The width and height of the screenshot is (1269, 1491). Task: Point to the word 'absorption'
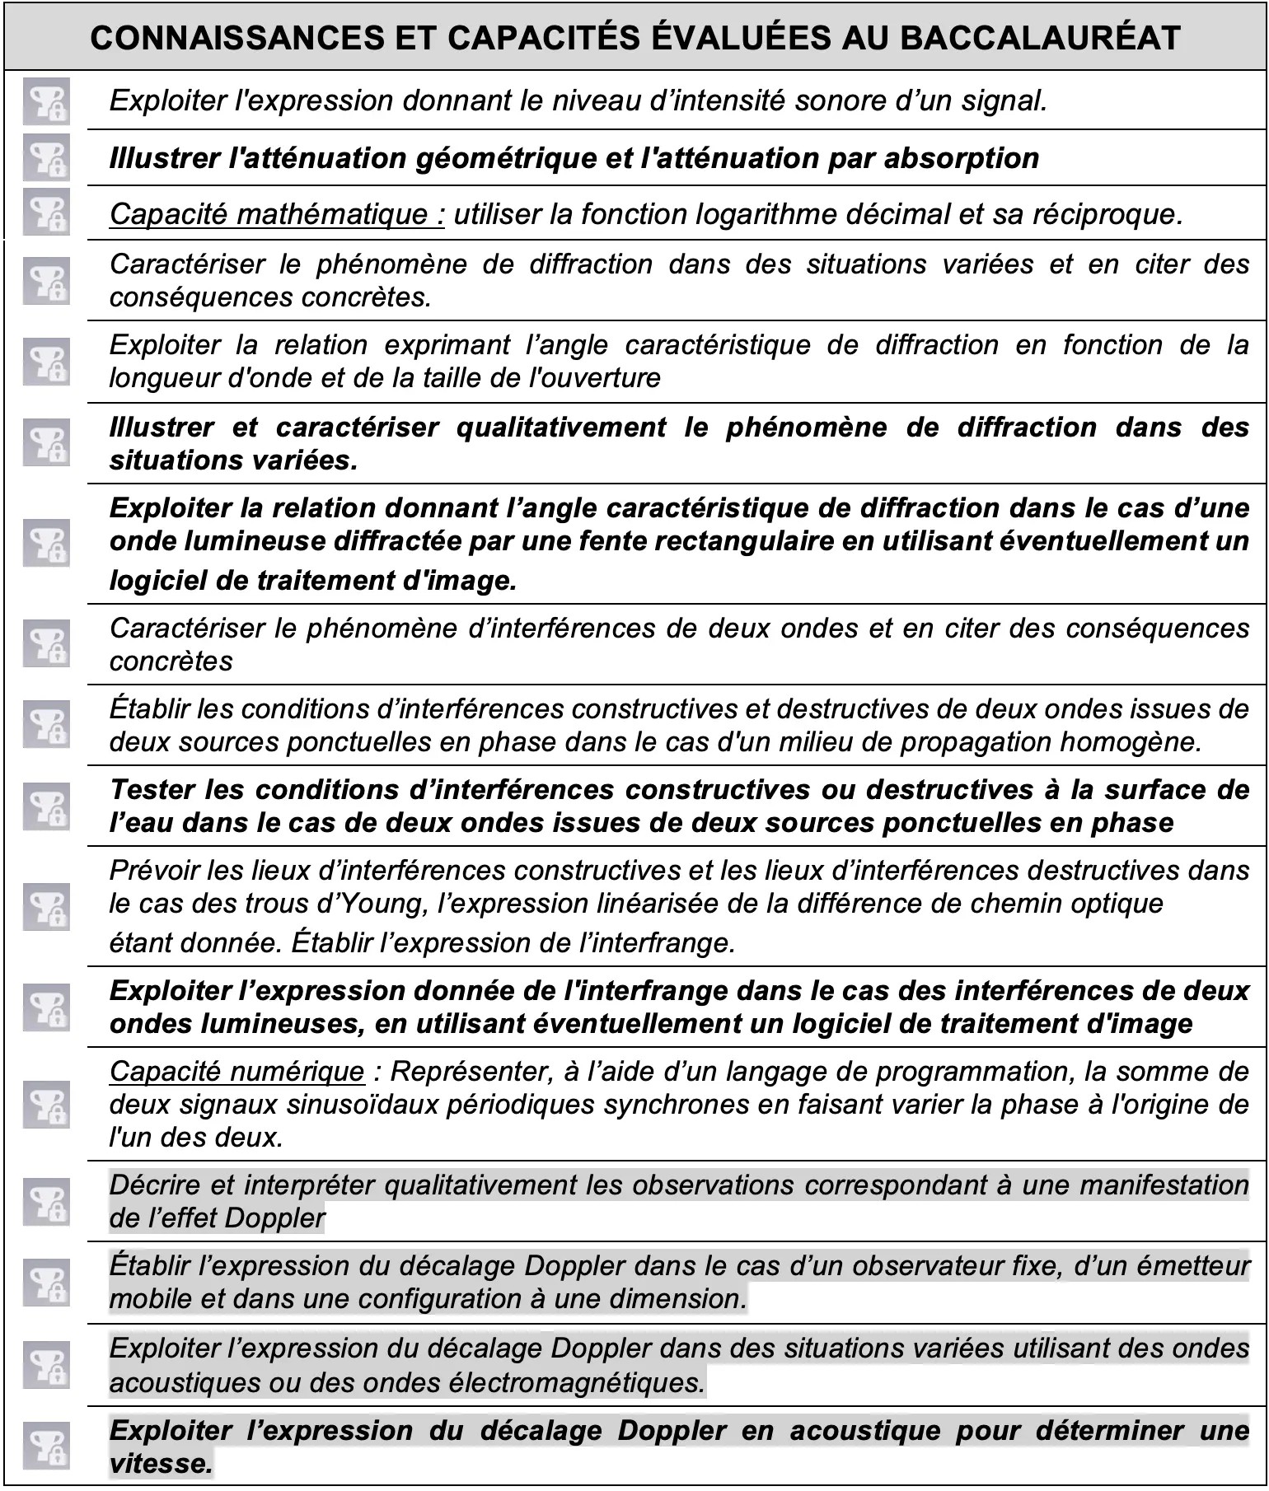click(961, 157)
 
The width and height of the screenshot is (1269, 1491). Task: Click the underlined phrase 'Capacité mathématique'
click(277, 214)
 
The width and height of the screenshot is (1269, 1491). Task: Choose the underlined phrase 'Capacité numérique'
click(236, 1072)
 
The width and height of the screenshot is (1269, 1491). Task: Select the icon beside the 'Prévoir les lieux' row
click(45, 906)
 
